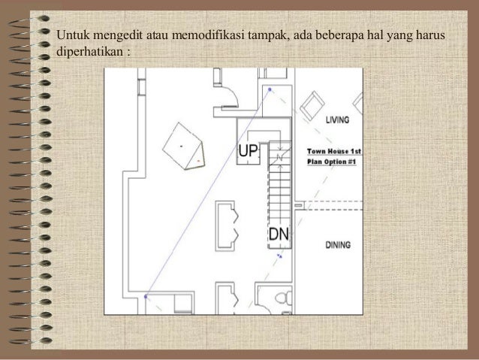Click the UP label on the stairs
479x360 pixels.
tap(249, 153)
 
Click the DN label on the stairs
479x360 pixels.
tap(279, 235)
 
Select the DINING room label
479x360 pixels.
tap(342, 244)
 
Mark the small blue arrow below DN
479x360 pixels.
tap(281, 255)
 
